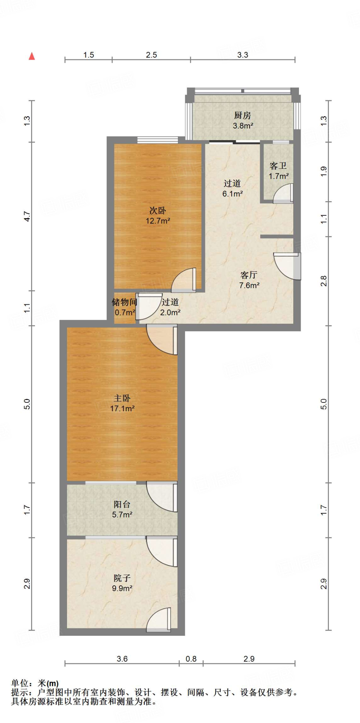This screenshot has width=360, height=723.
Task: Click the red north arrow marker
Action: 32,56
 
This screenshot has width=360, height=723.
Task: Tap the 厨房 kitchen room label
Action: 242,115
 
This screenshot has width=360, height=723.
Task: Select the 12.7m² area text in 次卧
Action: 158,221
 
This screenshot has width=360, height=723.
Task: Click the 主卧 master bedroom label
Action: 122,398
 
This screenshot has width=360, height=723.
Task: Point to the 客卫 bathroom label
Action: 278,166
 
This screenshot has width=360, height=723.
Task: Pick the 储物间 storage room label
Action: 124,302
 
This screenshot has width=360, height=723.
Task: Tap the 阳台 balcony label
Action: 122,504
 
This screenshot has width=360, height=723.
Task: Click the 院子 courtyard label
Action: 122,578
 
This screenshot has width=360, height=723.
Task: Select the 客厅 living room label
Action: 249,275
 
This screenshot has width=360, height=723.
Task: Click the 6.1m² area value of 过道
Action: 232,193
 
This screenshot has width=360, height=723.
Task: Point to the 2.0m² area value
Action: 170,312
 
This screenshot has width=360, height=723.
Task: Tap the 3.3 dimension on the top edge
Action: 242,55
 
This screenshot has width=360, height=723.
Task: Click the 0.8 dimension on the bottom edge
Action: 191,659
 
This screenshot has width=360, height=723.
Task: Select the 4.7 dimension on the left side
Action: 27,216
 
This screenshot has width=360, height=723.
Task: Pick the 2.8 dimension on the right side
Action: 324,281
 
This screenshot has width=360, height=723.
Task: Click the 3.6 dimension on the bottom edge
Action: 122,659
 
